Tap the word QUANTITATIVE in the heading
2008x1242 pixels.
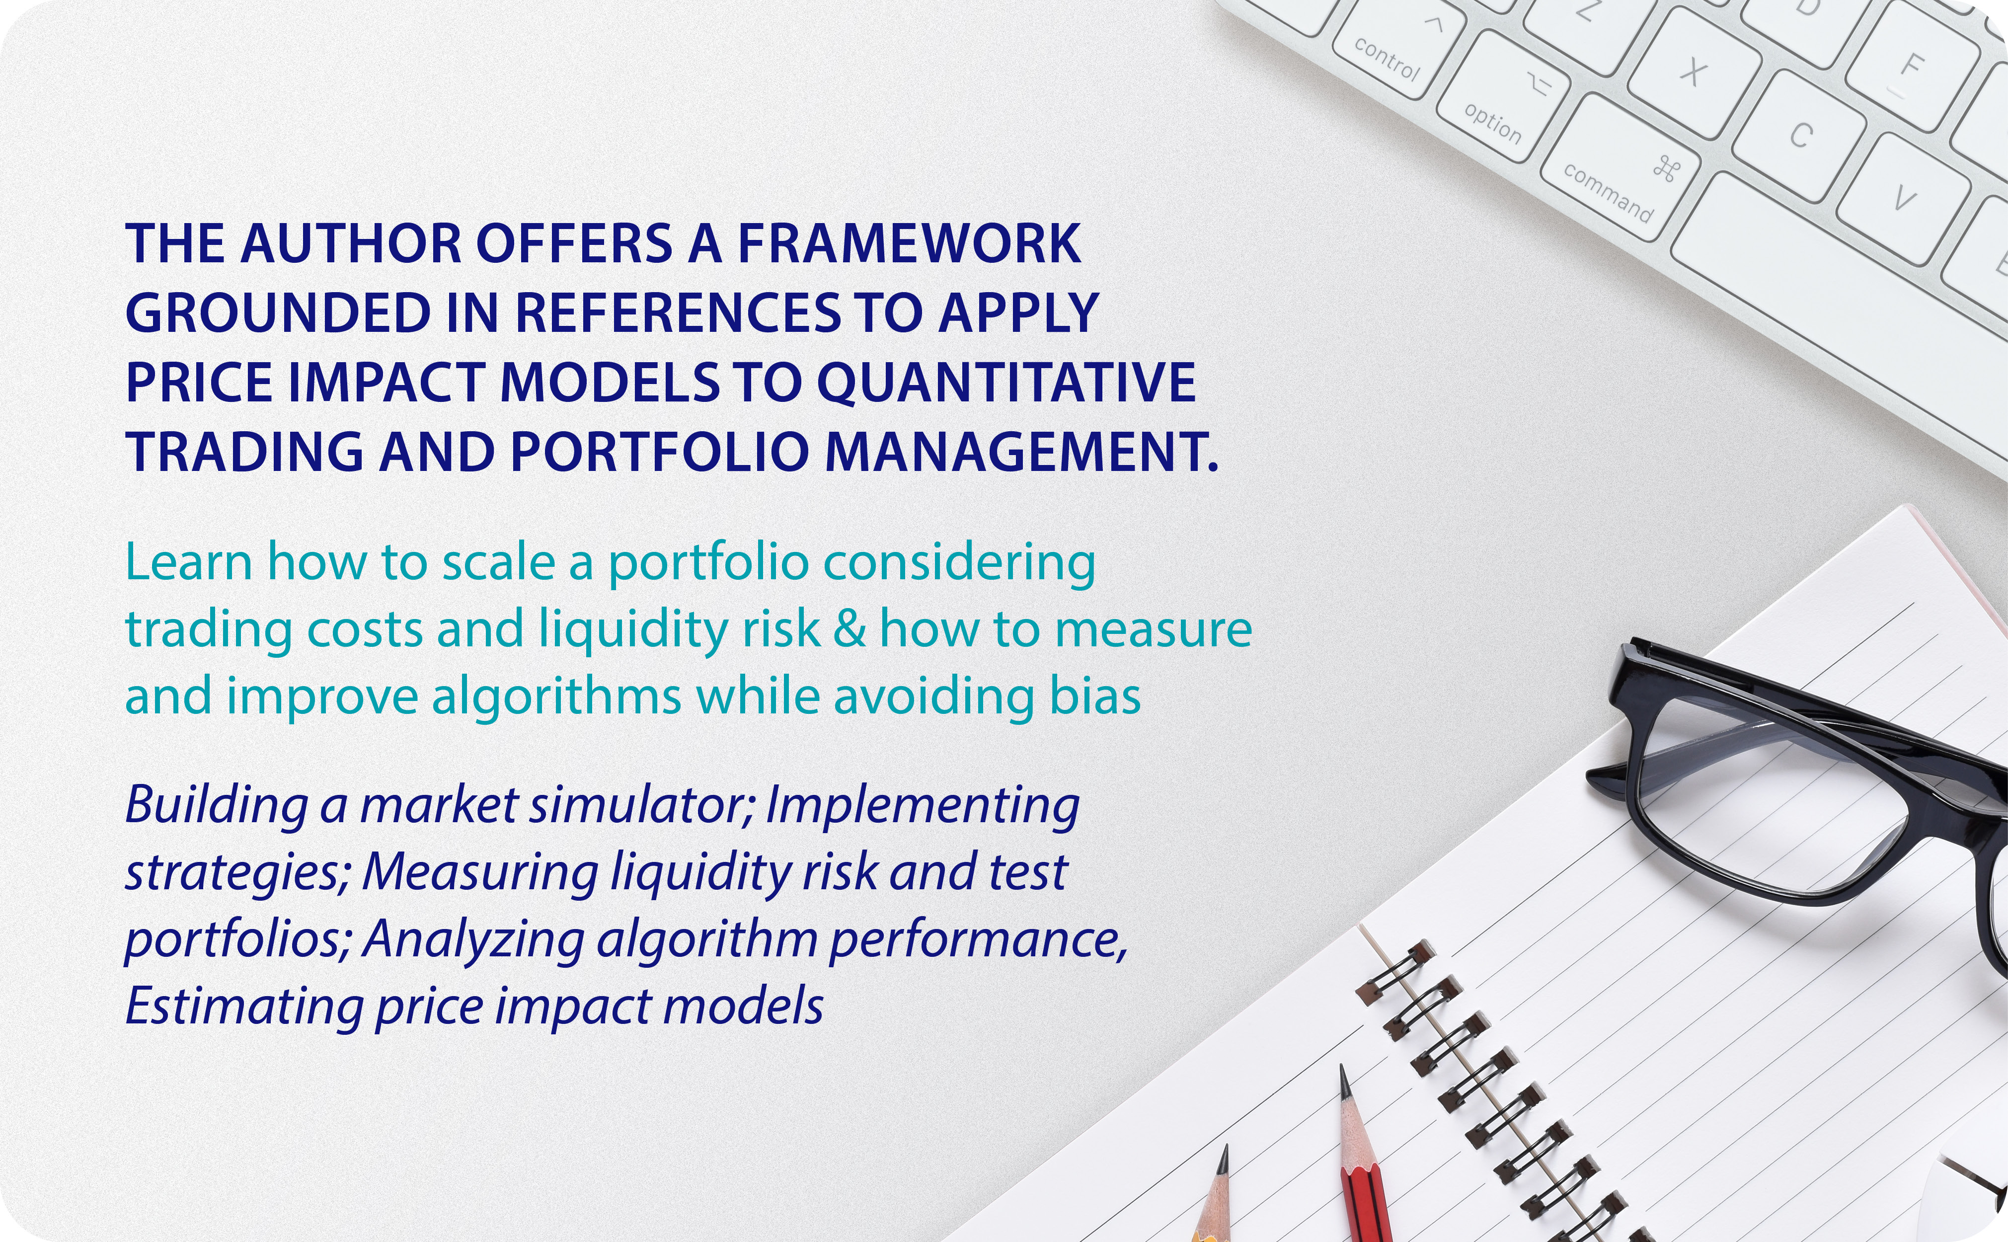tap(1007, 383)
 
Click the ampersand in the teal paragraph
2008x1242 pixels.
tap(849, 630)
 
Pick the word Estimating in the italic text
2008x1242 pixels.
tap(243, 1007)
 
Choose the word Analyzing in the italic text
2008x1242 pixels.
tap(472, 940)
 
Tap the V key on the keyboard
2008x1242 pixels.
tap(1904, 199)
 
